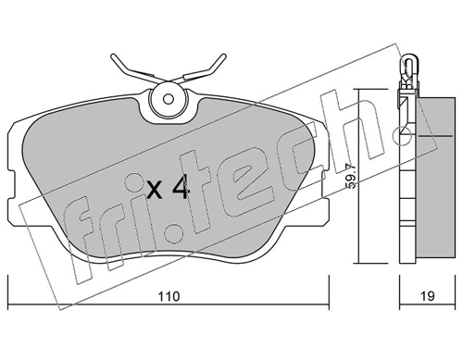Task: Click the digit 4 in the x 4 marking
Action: (181, 189)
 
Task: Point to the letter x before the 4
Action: (154, 192)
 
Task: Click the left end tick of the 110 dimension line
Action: (9, 308)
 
